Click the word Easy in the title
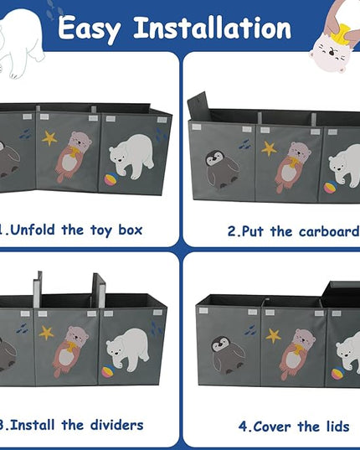(89, 29)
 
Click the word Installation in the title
(213, 28)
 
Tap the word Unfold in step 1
(32, 230)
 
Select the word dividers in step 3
(116, 425)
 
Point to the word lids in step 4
(337, 427)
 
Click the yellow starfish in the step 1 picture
(49, 138)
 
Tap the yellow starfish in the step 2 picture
(269, 148)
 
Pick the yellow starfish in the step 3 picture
(46, 333)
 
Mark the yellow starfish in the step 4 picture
(274, 336)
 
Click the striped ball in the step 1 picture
(110, 180)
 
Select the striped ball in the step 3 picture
(107, 370)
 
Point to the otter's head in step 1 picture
(80, 139)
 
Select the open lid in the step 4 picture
(341, 294)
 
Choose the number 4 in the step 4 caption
(243, 427)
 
